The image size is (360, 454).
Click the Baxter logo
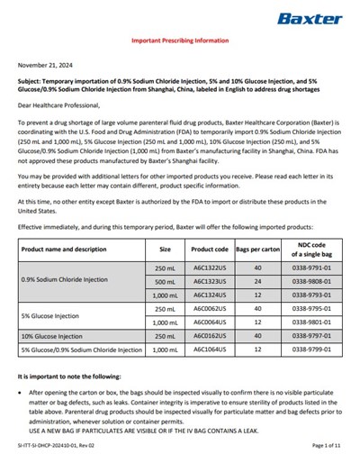[x=310, y=18]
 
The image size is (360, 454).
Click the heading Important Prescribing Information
[x=180, y=41]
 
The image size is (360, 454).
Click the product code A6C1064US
[x=209, y=349]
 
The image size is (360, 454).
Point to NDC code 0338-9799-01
[x=309, y=349]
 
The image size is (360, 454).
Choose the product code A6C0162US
[x=209, y=335]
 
